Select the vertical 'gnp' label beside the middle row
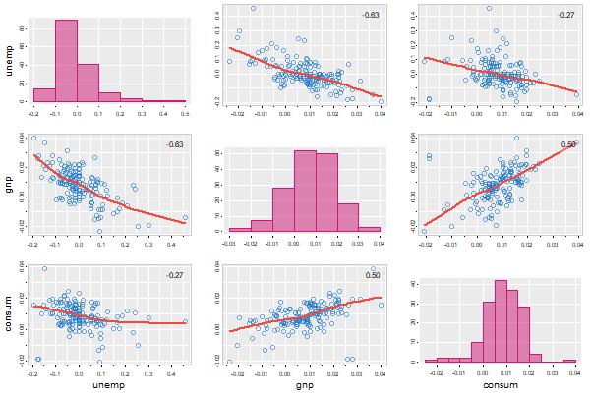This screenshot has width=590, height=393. [x=11, y=183]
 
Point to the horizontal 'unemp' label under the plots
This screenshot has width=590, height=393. [x=109, y=384]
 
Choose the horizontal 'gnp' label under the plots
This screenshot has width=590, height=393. [x=304, y=384]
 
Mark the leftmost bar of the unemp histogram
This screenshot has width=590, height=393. [x=44, y=95]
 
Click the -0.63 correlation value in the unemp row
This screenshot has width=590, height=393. [x=371, y=15]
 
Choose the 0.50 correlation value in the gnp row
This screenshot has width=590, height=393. [x=567, y=145]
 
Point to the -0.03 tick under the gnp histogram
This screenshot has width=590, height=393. [x=229, y=242]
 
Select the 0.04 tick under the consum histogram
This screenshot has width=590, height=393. [x=576, y=372]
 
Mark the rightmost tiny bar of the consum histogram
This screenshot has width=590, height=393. [x=569, y=361]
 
